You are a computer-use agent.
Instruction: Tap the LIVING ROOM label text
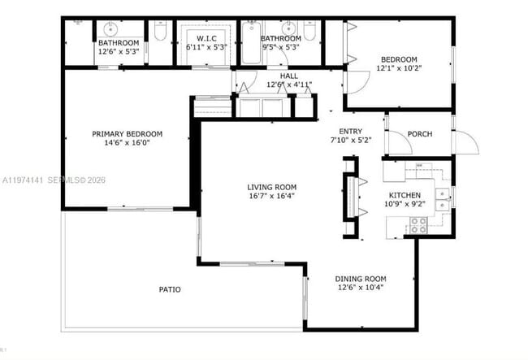coord(271,187)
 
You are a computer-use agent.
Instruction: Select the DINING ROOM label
coord(360,279)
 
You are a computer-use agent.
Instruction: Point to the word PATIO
coord(170,289)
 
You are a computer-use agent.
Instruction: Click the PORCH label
coord(419,134)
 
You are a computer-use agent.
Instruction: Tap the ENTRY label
coord(351,131)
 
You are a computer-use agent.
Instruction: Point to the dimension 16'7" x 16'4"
coord(271,196)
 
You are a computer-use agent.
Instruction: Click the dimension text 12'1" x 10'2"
coord(399,68)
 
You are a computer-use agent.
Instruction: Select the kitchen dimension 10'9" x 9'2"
coord(404,205)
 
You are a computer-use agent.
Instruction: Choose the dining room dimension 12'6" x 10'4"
coord(360,288)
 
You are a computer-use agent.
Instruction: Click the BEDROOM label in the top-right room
coord(399,59)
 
